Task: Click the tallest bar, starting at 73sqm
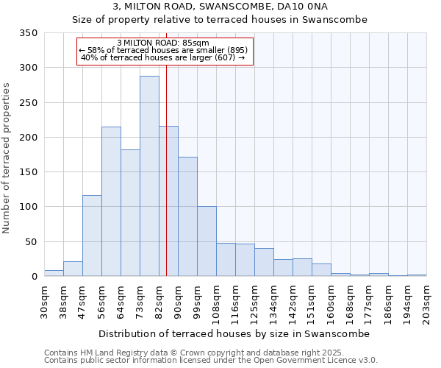(149, 177)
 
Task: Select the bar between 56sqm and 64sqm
(111, 202)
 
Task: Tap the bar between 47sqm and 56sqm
(92, 236)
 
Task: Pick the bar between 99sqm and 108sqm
(207, 241)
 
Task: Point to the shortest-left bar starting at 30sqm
(54, 273)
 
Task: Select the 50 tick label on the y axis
(31, 241)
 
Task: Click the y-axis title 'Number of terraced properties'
(7, 158)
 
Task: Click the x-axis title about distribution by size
(234, 333)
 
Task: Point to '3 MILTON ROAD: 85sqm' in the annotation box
(163, 43)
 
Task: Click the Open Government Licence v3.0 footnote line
(211, 360)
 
